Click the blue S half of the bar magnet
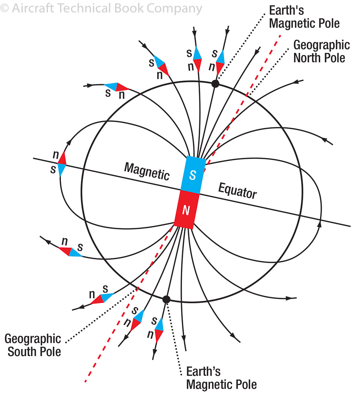[193, 174]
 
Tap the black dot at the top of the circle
[215, 84]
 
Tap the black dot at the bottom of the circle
[166, 300]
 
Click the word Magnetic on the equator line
[147, 171]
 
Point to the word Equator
[237, 190]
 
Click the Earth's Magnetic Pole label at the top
[304, 18]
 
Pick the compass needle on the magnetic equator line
[62, 164]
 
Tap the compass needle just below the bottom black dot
[159, 329]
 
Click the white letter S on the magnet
[193, 175]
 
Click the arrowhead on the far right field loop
[320, 223]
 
